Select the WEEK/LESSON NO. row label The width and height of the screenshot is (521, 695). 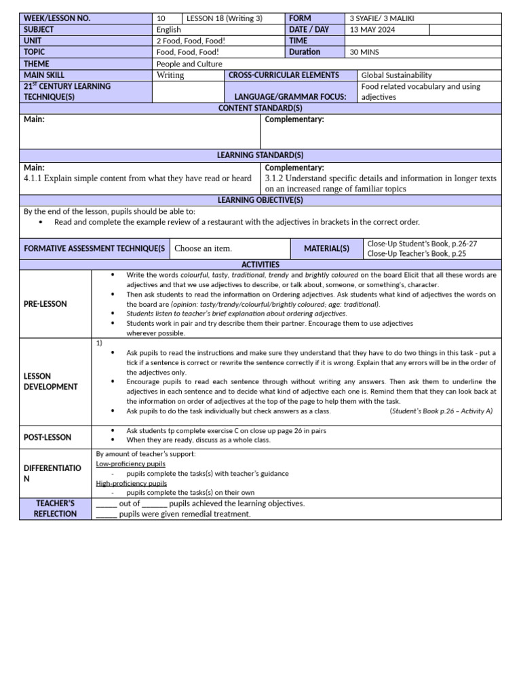click(57, 18)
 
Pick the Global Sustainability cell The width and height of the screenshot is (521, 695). click(396, 75)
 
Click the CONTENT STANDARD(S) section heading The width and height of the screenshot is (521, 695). click(260, 108)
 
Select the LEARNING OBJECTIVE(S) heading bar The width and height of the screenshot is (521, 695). click(260, 200)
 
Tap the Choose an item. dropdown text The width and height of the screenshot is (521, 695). click(203, 248)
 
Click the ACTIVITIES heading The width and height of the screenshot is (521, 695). click(260, 264)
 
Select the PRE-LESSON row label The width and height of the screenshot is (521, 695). click(45, 304)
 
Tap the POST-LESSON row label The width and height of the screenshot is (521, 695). click(47, 437)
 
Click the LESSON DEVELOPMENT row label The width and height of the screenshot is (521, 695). click(51, 381)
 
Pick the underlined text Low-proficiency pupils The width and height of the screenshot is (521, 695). click(121, 464)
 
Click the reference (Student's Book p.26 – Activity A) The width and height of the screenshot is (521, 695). click(441, 411)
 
